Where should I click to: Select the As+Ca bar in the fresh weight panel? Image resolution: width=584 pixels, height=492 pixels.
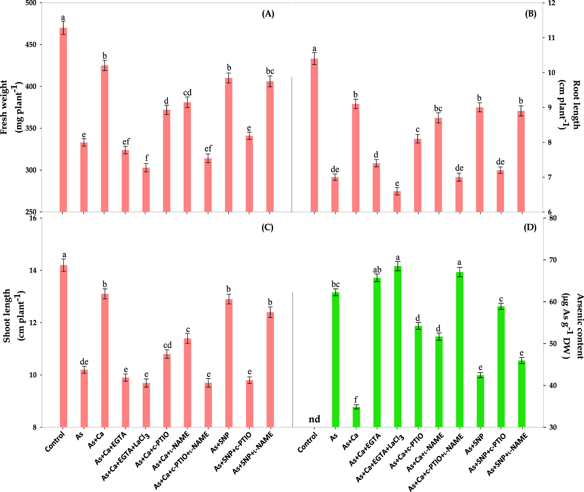pos(105,138)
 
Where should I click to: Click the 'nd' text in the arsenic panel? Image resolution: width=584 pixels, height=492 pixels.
pos(314,419)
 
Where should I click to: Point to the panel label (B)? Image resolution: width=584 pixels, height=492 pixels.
pos(530,14)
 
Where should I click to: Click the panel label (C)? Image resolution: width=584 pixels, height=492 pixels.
pos(268,227)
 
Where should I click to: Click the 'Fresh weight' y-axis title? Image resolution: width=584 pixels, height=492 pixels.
pos(4,107)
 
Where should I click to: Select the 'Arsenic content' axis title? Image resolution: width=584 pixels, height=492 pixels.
pos(579,326)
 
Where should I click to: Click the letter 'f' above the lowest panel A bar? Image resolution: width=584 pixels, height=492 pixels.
pos(147,158)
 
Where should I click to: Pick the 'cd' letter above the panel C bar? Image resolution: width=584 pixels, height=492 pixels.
pos(167,345)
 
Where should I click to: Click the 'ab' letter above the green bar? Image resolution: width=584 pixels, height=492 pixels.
pos(377,270)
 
